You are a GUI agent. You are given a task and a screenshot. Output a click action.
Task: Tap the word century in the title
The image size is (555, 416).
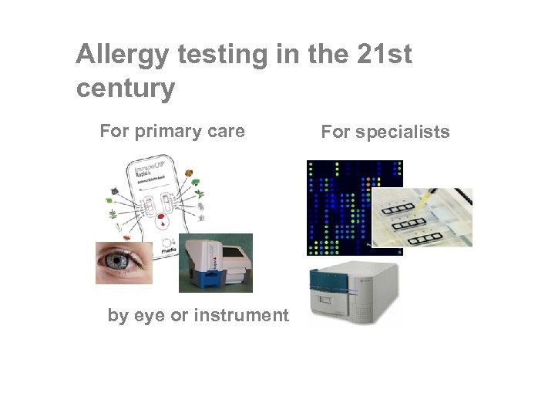coord(126,89)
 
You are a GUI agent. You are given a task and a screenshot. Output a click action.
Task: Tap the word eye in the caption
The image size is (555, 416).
coord(149,315)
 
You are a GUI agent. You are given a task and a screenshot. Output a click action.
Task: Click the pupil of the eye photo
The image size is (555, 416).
coord(118,263)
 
